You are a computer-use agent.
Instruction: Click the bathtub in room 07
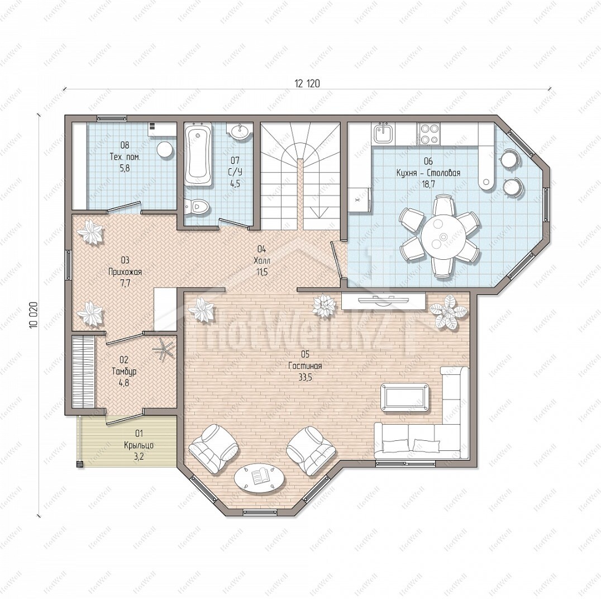point(198,155)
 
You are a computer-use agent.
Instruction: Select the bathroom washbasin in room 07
point(240,131)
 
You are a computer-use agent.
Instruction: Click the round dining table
point(441,236)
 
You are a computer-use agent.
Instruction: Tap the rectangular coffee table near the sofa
point(405,397)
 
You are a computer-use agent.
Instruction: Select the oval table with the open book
point(260,478)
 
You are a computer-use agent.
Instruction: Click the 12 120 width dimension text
point(307,83)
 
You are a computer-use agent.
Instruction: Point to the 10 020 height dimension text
point(34,315)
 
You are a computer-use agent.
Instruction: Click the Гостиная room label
point(305,366)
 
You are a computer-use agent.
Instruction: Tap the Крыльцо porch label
point(139,445)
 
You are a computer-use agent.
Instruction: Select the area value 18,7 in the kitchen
point(428,184)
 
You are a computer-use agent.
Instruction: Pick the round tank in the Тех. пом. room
point(165,149)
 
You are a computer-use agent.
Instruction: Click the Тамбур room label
point(124,372)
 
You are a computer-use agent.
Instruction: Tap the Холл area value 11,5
point(262,273)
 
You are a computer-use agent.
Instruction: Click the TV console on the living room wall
point(383,301)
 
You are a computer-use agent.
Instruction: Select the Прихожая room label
point(125,272)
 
